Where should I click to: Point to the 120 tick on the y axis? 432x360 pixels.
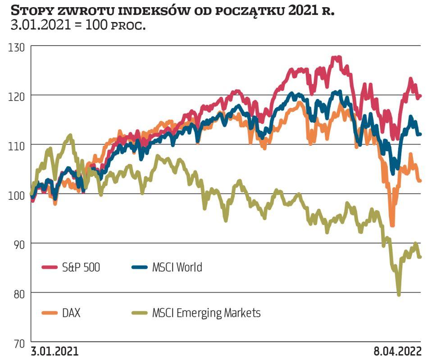pyautogui.click(x=18, y=95)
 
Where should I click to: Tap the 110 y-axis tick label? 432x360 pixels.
pyautogui.click(x=18, y=145)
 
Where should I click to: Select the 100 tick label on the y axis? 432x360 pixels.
pyautogui.click(x=18, y=194)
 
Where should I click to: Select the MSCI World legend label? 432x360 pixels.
pyautogui.click(x=177, y=267)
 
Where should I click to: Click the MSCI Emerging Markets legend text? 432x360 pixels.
pyautogui.click(x=206, y=313)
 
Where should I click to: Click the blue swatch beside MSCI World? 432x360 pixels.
pyautogui.click(x=140, y=267)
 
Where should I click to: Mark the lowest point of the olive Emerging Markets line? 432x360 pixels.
pyautogui.click(x=399, y=295)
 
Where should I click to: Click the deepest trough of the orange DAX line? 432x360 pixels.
pyautogui.click(x=392, y=225)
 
